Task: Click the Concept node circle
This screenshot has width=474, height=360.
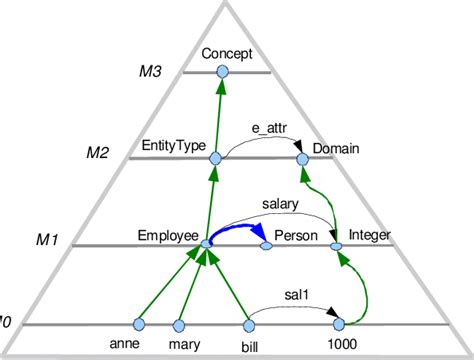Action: point(224,73)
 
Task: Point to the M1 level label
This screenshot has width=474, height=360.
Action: point(49,240)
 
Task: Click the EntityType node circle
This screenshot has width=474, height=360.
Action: point(214,159)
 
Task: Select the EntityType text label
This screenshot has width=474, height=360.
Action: point(173,146)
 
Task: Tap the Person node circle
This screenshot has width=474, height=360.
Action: point(267,244)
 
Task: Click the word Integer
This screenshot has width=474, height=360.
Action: point(370,235)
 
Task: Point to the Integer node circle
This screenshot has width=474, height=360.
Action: point(336,244)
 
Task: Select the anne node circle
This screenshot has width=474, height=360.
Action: point(139,324)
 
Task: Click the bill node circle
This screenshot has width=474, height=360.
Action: point(250,324)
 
